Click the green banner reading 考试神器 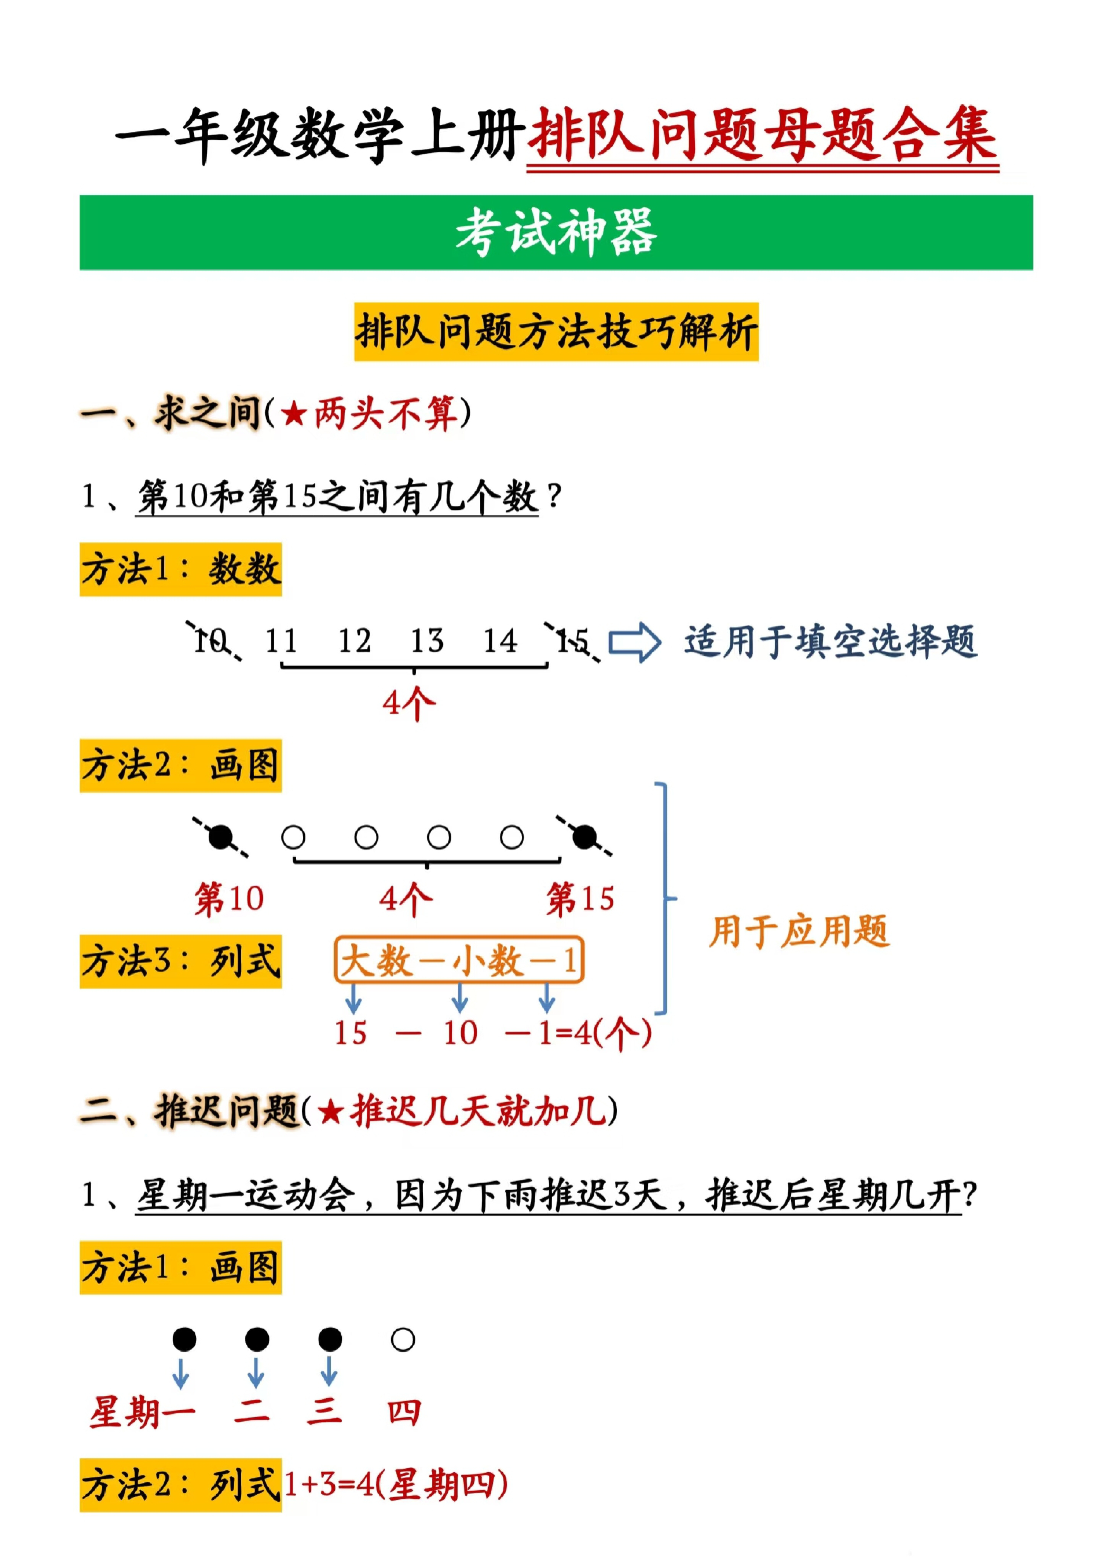click(x=556, y=232)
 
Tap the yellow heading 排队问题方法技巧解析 click(x=556, y=332)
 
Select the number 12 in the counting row click(x=355, y=641)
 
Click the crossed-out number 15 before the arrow click(x=572, y=641)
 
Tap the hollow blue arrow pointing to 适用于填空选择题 click(x=634, y=642)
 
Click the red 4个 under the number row click(x=409, y=703)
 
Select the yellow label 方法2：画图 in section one click(x=180, y=766)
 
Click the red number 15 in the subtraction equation click(x=351, y=1033)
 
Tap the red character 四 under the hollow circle click(x=404, y=1413)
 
